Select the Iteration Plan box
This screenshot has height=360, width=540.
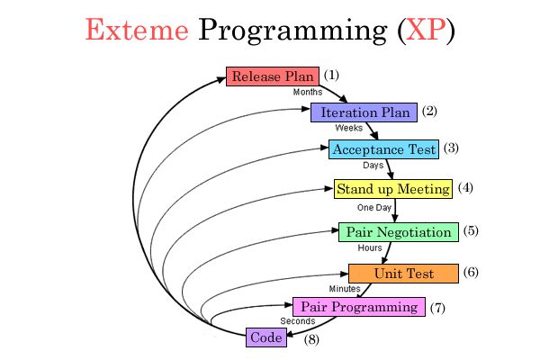click(x=364, y=112)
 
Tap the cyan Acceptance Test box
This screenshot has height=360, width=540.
click(x=383, y=149)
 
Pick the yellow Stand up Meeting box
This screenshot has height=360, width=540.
click(x=391, y=189)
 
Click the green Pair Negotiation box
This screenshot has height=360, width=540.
click(x=398, y=232)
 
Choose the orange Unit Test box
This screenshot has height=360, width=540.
click(x=403, y=273)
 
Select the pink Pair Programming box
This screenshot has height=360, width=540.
click(x=358, y=307)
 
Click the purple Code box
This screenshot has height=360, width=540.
click(x=266, y=337)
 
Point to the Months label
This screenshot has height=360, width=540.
click(x=308, y=92)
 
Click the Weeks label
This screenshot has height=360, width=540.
click(x=348, y=128)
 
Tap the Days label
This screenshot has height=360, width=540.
click(x=373, y=166)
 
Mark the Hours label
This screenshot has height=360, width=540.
click(x=370, y=247)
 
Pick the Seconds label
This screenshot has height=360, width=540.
click(x=297, y=321)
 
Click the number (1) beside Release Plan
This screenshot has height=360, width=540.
click(x=331, y=75)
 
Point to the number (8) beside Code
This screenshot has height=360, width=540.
click(x=311, y=339)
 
